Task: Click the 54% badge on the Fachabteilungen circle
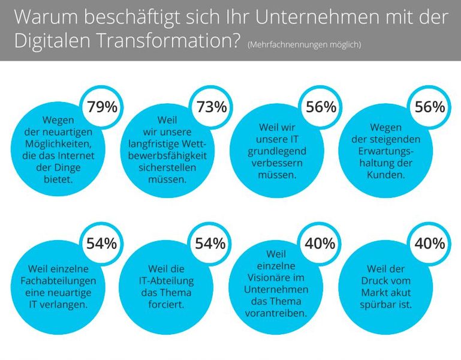(x=103, y=244)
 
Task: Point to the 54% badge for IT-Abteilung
(x=212, y=244)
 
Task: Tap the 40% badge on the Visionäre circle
(x=321, y=244)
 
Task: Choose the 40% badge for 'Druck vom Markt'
(x=430, y=244)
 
